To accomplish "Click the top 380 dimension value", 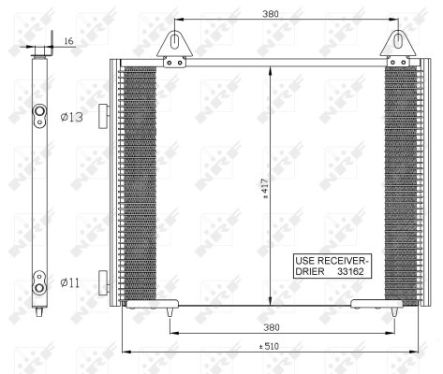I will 271,13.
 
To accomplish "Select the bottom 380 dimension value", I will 271,328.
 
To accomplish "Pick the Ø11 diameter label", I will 71,281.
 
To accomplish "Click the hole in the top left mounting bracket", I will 175,41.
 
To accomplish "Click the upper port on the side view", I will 40,116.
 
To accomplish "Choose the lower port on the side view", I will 40,280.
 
